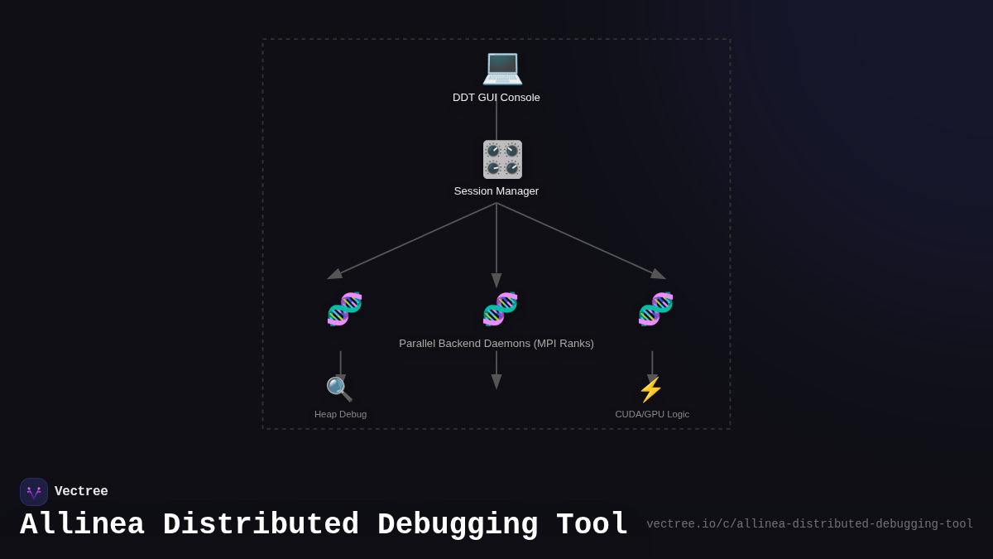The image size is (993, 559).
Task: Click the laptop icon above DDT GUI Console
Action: coord(502,67)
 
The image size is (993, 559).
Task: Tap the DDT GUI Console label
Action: coord(496,98)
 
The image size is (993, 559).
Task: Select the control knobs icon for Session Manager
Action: coord(502,159)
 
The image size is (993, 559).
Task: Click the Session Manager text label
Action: coord(496,191)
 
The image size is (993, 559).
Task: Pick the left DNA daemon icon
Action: coord(344,309)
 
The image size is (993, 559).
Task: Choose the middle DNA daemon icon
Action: coord(500,309)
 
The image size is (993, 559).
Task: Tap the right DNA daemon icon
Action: coord(655,309)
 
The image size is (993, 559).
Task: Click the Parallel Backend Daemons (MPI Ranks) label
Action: coord(496,344)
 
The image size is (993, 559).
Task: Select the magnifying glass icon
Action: coord(339,389)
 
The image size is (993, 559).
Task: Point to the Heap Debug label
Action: coord(340,414)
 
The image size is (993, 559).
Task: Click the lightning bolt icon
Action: coord(651,389)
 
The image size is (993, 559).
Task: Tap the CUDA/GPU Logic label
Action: coord(652,414)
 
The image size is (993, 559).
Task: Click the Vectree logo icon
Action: coord(34,492)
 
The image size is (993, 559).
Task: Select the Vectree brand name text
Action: coord(81,492)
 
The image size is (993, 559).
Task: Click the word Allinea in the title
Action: coord(82,525)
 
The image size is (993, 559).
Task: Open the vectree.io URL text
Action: coord(809,524)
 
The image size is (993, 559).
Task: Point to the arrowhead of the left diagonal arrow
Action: coord(334,274)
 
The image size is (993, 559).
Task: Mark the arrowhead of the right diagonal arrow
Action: coord(659,274)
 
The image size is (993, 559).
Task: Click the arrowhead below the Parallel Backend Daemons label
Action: coord(496,381)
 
